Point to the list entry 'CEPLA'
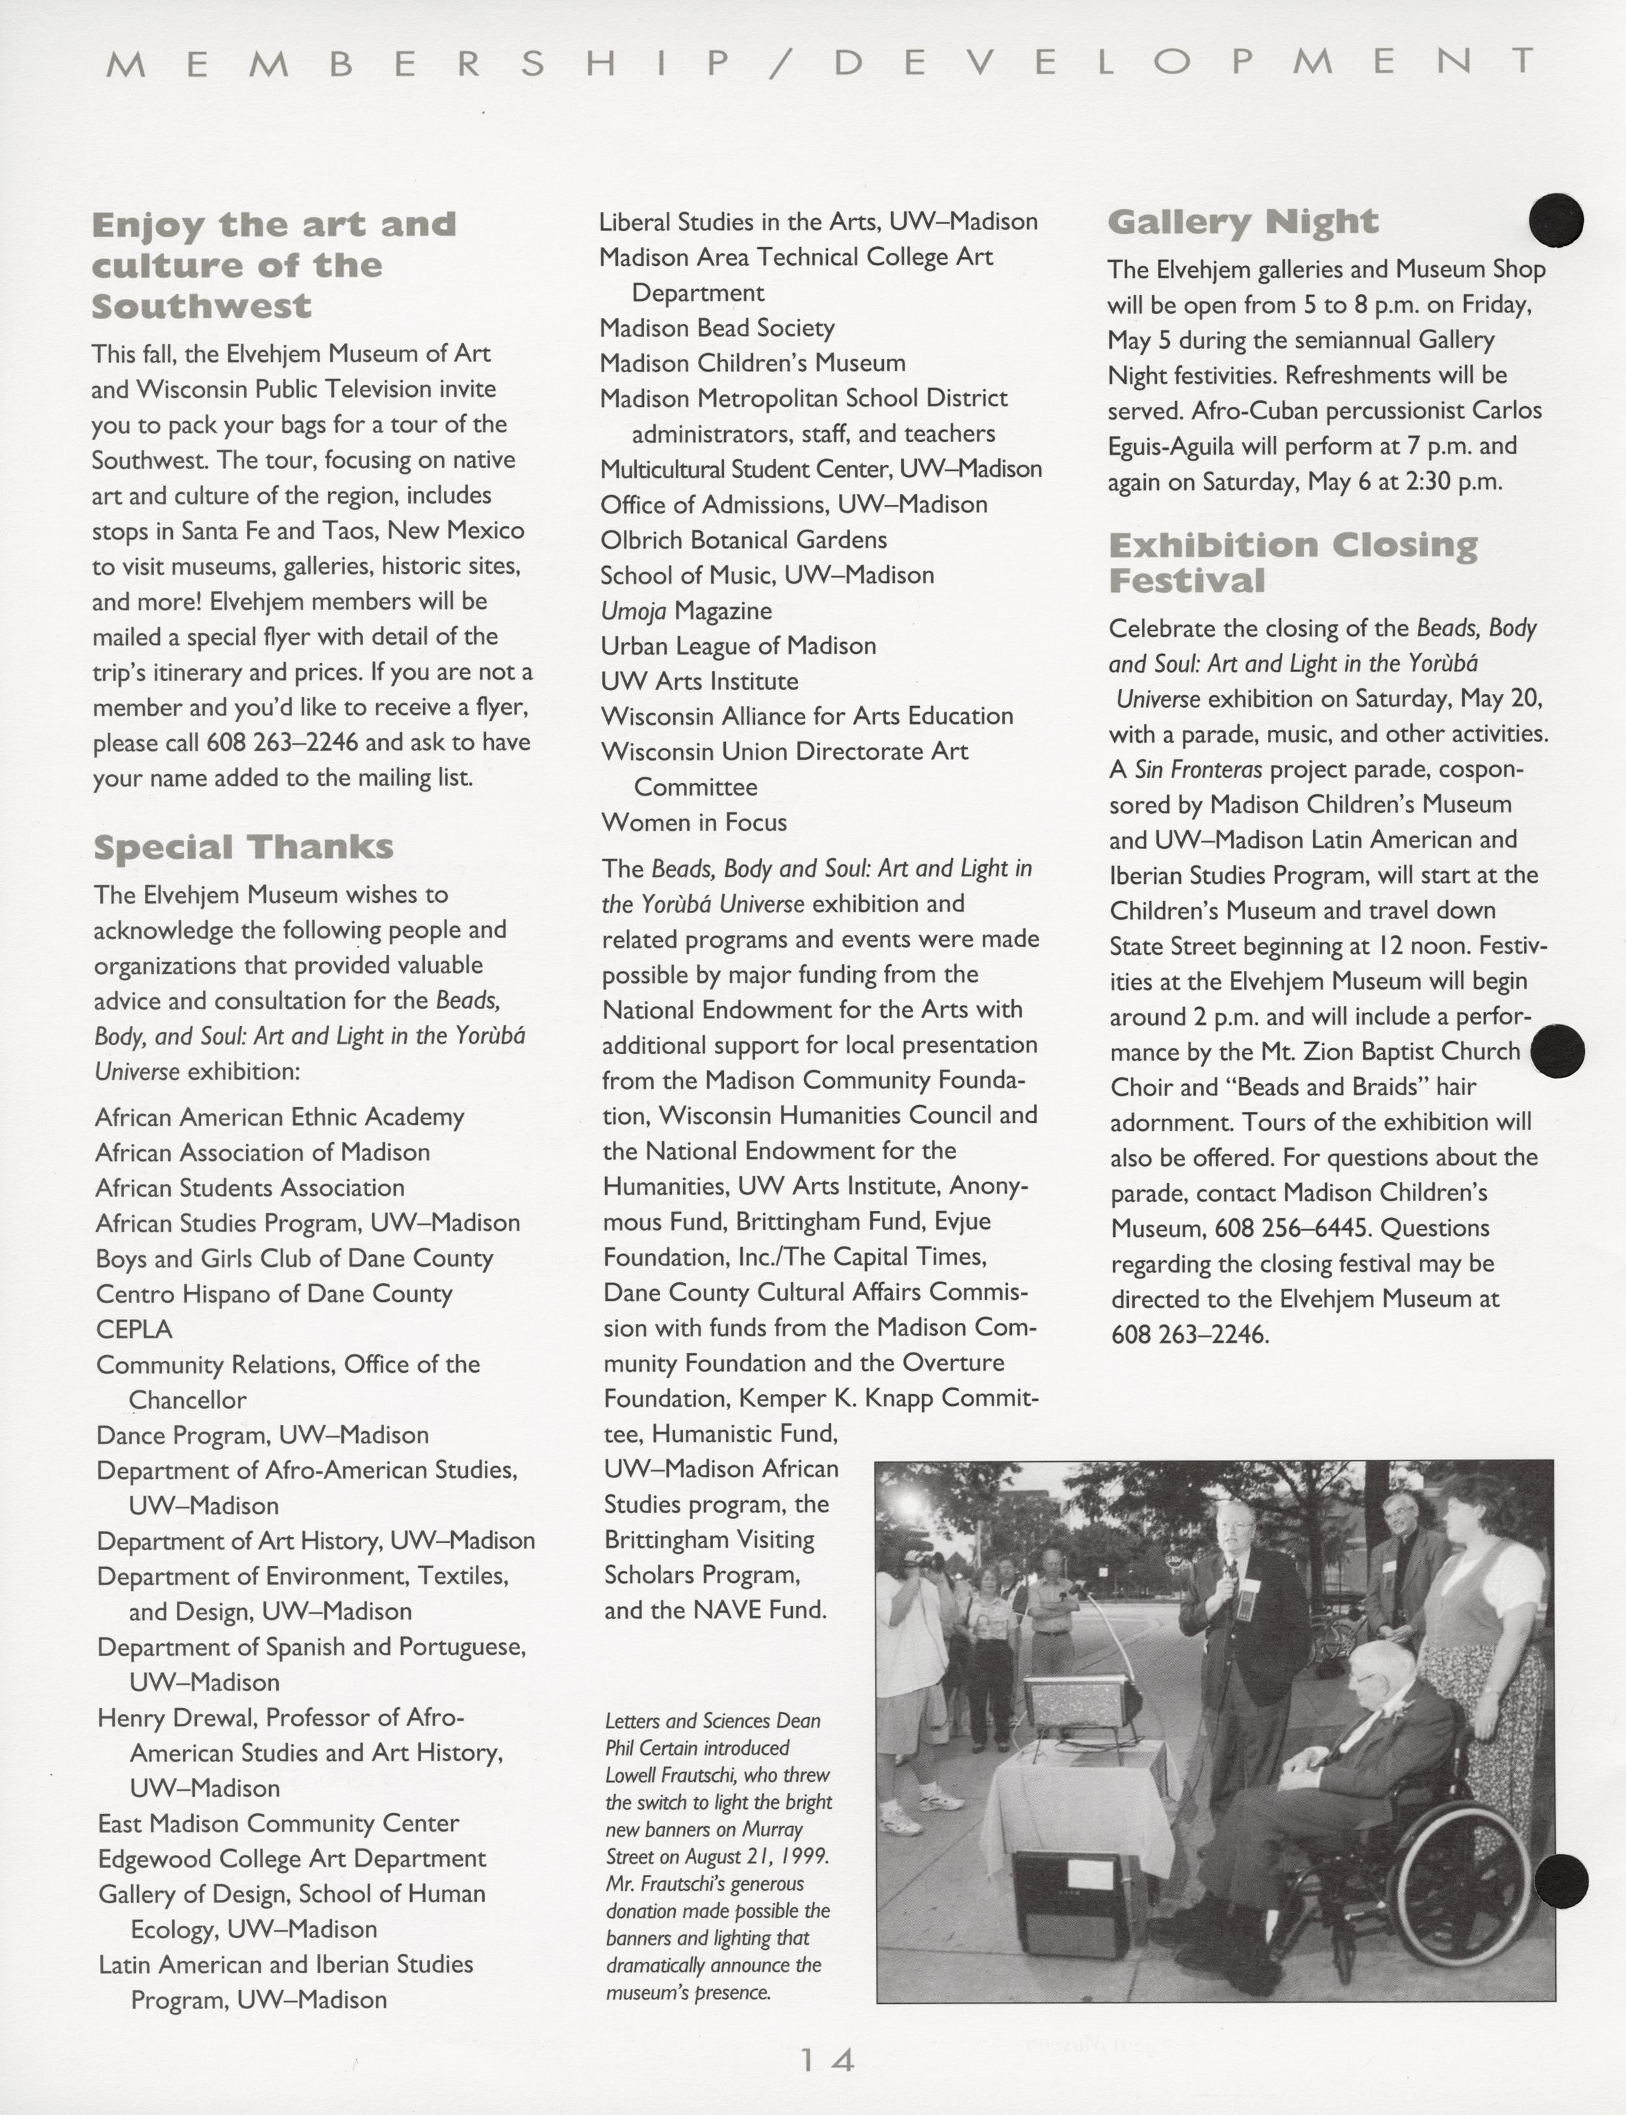click(x=134, y=1329)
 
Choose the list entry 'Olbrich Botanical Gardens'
click(x=743, y=539)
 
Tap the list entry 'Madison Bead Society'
click(x=717, y=328)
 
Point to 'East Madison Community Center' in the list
click(x=279, y=1823)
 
